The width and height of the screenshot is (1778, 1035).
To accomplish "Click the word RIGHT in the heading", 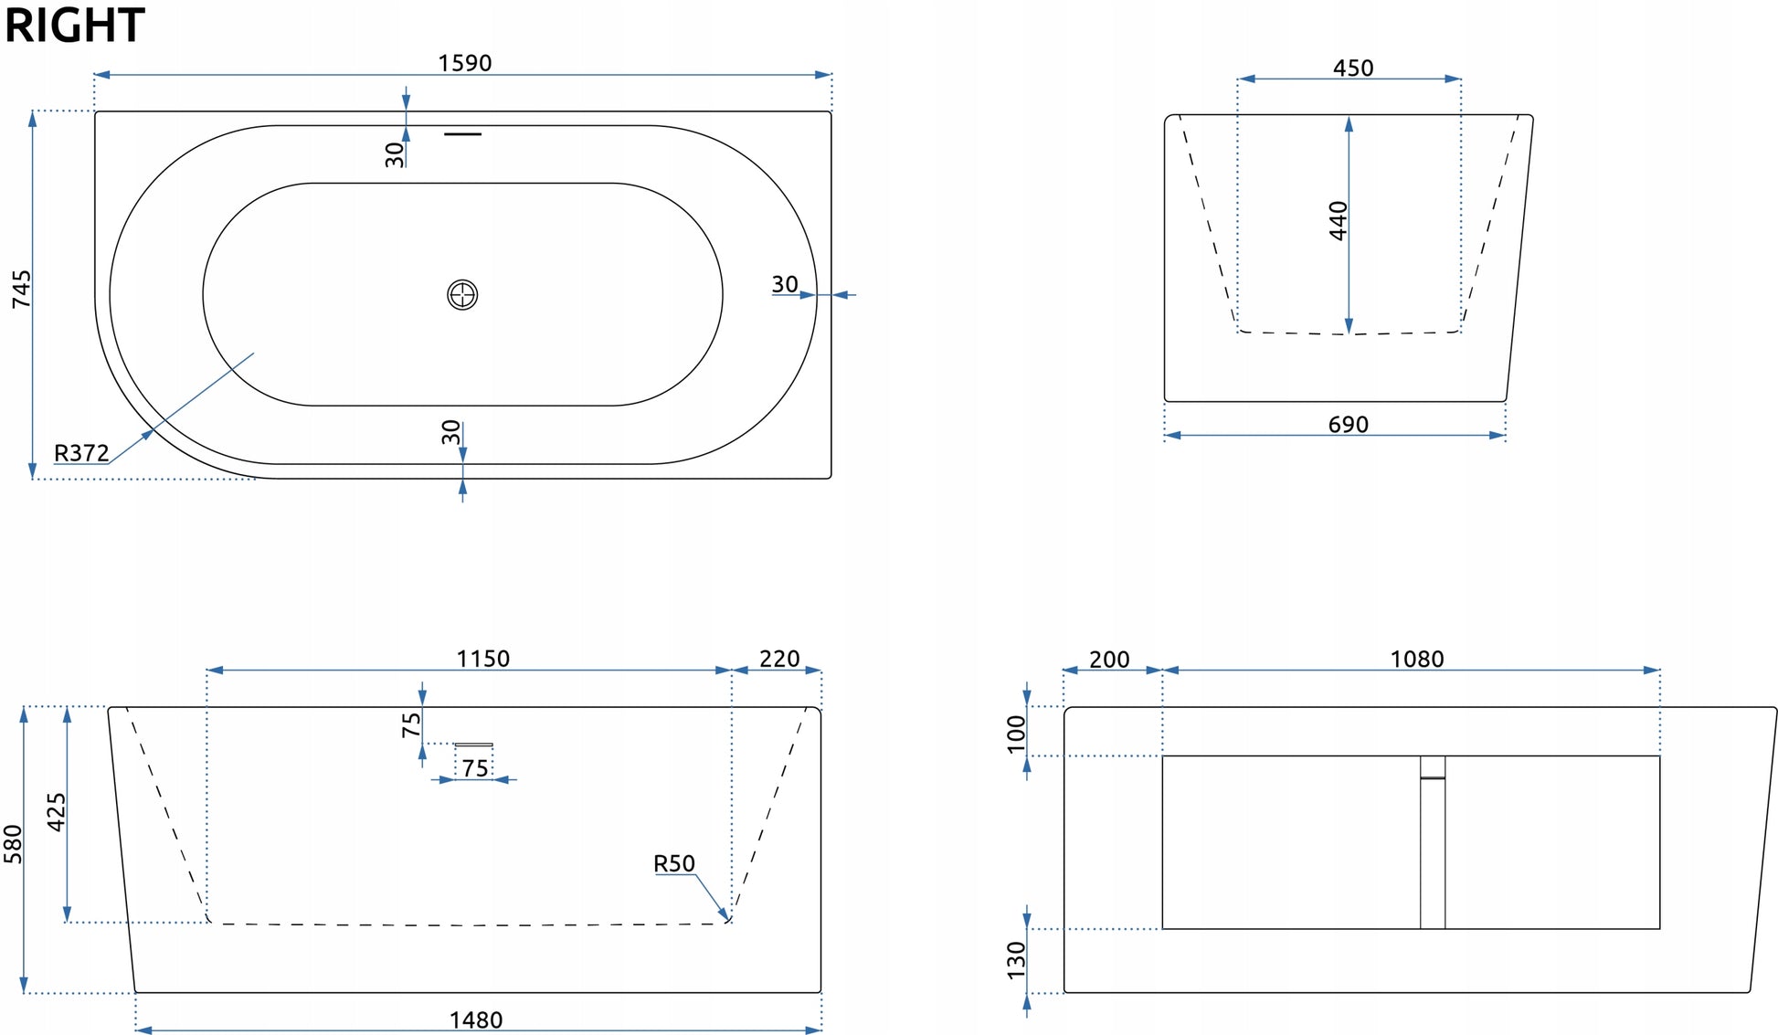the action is pos(75,25).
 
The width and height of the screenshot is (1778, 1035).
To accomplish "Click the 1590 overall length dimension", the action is pos(464,63).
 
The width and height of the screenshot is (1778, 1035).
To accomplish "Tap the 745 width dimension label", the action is pos(21,289).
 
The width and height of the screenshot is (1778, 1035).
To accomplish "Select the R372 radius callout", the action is pos(81,453).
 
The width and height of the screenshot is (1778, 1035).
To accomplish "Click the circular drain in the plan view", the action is pos(462,295).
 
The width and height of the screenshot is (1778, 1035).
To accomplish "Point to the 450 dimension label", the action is pos(1353,69).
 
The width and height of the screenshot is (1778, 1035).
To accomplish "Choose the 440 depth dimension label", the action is pos(1339,221).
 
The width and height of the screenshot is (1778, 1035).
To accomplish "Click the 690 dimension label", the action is pos(1349,425).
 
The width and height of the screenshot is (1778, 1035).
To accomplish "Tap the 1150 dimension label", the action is pos(483,659).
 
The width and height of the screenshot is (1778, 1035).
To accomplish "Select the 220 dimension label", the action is pos(779,659).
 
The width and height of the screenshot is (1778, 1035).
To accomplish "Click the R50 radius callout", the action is pos(674,863).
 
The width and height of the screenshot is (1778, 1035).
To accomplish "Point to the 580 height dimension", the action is pos(13,844).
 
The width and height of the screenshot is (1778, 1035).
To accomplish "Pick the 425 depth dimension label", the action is pos(57,812).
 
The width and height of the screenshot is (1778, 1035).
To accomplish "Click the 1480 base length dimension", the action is pos(476,1019).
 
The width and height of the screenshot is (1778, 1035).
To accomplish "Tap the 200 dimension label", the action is pos(1109,660).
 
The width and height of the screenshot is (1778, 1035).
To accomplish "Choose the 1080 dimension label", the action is pos(1417,660).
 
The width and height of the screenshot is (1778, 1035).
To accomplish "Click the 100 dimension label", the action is pos(1016,734).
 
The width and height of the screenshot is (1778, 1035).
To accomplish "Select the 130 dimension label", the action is pos(1016,961).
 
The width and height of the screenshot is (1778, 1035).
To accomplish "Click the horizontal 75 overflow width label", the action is pos(475,768).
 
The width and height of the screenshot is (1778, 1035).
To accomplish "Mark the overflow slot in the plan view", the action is pos(462,134).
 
